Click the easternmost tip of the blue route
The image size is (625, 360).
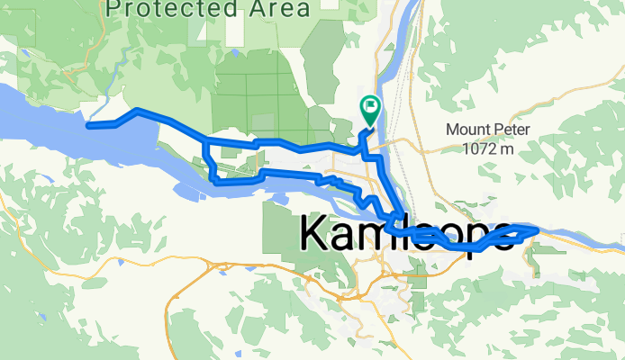[x=537, y=230]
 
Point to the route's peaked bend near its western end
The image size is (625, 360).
[x=136, y=112]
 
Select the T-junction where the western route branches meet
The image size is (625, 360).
[x=206, y=141]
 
